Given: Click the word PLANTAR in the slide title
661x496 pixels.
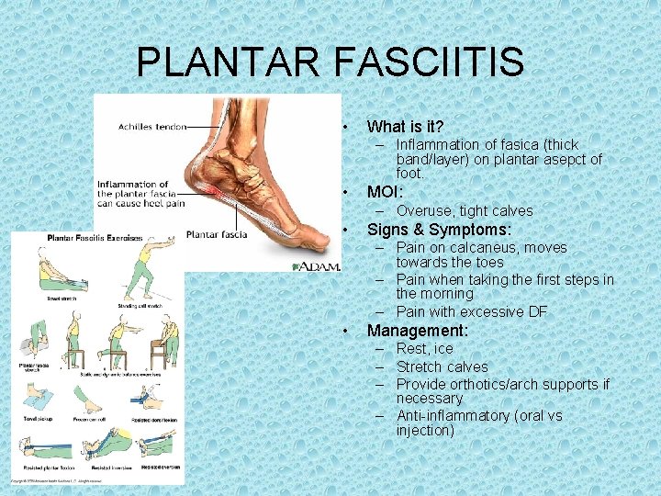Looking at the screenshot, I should click(x=228, y=62).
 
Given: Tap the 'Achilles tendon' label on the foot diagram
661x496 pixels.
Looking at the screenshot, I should click(x=152, y=127).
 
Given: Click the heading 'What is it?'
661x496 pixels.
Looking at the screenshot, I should click(x=405, y=127).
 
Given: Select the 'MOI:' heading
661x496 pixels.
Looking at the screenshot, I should click(x=385, y=192).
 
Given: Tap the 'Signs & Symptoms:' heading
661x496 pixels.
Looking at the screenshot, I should click(x=439, y=229).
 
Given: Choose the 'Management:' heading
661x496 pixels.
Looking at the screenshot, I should click(x=418, y=330).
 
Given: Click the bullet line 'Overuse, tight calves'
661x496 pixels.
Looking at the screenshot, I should click(x=464, y=210).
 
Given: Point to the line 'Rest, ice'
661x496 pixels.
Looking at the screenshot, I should click(x=424, y=348).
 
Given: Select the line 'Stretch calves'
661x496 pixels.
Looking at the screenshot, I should click(x=442, y=366).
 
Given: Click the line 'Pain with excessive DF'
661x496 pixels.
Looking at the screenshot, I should click(x=471, y=311).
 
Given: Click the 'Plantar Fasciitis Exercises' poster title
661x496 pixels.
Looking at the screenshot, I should click(x=95, y=238).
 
